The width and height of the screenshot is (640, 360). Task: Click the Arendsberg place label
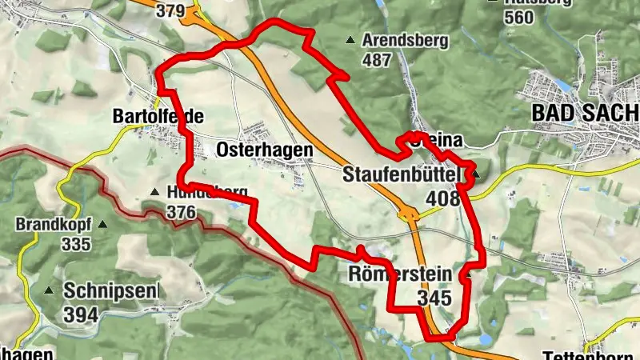[x=406, y=40]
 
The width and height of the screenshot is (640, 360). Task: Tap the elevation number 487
[x=377, y=59]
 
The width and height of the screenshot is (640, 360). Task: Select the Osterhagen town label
[x=264, y=150]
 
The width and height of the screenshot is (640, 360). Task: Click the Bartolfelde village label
[x=158, y=117]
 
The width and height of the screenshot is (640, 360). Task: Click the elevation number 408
[x=444, y=198]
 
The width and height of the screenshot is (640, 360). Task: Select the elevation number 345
[x=434, y=298]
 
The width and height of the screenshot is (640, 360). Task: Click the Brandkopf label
[x=54, y=225]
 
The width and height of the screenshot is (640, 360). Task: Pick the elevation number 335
[x=76, y=244]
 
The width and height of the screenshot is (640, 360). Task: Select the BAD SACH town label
[x=586, y=114]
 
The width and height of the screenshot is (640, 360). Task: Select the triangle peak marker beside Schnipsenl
[x=50, y=290]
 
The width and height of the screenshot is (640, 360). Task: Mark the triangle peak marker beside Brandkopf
[x=102, y=225]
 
